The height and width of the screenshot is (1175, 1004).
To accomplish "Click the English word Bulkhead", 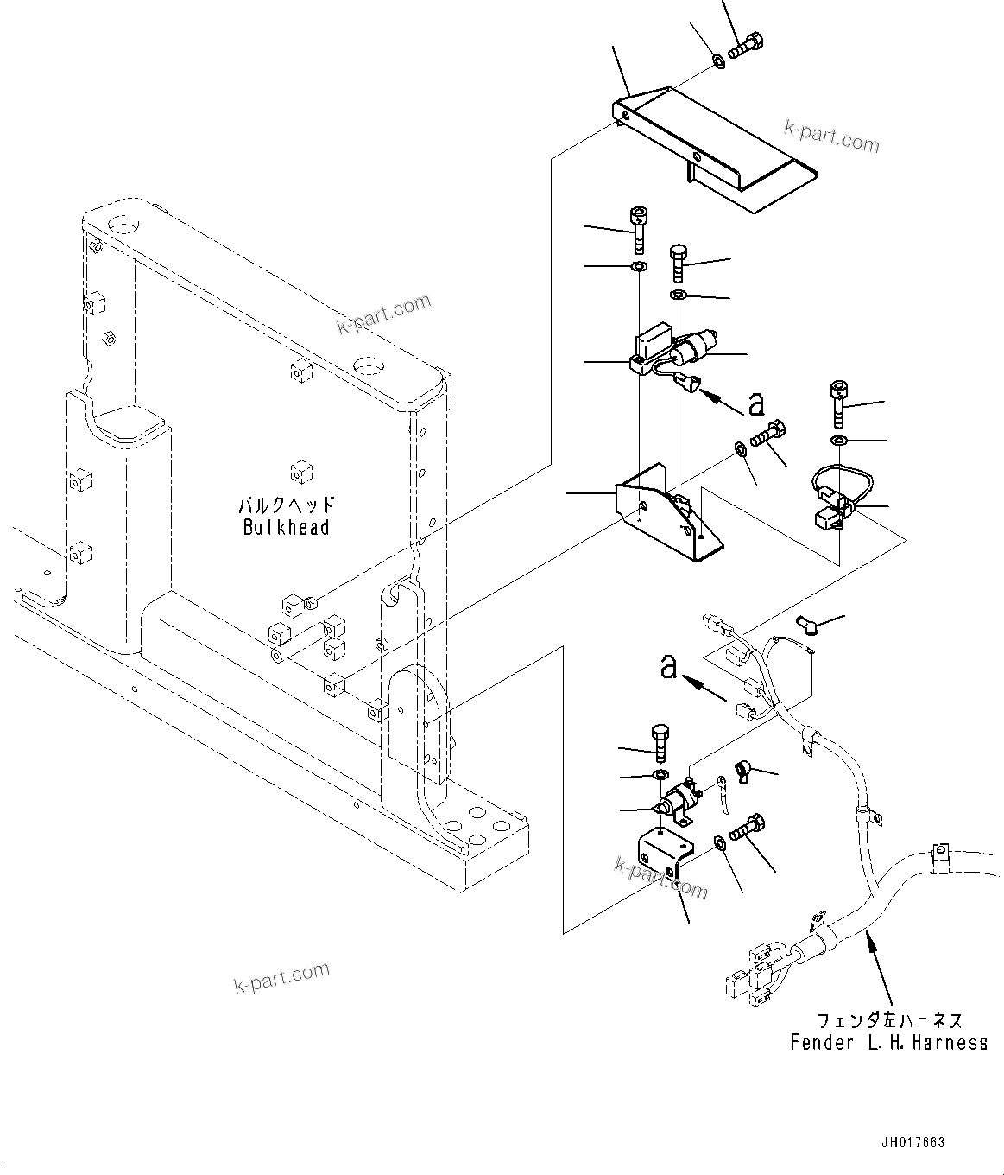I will pyautogui.click(x=286, y=527).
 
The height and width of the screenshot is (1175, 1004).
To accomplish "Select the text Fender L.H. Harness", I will pyautogui.click(x=888, y=1042).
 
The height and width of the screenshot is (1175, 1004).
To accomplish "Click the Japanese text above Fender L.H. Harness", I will pyautogui.click(x=888, y=1021).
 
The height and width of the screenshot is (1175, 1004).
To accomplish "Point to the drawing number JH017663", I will pyautogui.click(x=912, y=1142).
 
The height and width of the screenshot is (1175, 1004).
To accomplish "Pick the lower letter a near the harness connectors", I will pyautogui.click(x=668, y=667).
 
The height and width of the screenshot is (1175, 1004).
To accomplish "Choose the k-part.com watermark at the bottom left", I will pyautogui.click(x=281, y=978).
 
